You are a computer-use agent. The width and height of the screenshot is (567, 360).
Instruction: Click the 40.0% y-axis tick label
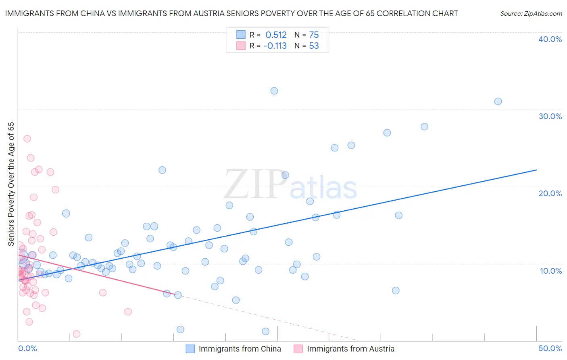pyautogui.click(x=550, y=39)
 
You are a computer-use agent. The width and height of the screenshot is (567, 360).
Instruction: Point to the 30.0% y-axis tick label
pyautogui.click(x=550, y=116)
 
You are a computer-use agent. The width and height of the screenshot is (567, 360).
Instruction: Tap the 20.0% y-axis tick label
pyautogui.click(x=550, y=193)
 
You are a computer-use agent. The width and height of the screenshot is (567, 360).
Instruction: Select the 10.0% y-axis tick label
pyautogui.click(x=551, y=271)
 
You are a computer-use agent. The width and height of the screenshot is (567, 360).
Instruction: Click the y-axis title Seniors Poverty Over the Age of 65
pyautogui.click(x=11, y=184)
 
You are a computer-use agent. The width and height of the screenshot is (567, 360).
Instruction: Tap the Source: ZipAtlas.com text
pyautogui.click(x=531, y=14)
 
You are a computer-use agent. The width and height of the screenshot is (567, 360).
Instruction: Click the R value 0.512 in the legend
pyautogui.click(x=276, y=35)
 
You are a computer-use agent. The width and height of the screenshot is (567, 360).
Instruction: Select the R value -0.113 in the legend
pyautogui.click(x=275, y=46)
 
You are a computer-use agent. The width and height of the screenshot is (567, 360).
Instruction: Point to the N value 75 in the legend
pyautogui.click(x=314, y=35)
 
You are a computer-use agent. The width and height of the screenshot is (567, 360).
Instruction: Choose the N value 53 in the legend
pyautogui.click(x=314, y=46)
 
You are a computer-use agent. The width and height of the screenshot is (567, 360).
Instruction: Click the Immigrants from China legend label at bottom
pyautogui.click(x=240, y=349)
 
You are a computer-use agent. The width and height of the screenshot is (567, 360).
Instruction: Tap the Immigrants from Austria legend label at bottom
pyautogui.click(x=350, y=349)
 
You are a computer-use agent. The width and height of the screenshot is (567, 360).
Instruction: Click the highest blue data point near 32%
pyautogui.click(x=274, y=91)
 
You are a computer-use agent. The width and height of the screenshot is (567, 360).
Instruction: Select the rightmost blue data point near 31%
pyautogui.click(x=498, y=101)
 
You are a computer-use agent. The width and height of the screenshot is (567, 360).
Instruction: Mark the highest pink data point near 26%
pyautogui.click(x=27, y=139)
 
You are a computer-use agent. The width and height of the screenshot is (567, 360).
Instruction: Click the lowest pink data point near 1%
pyautogui.click(x=77, y=334)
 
